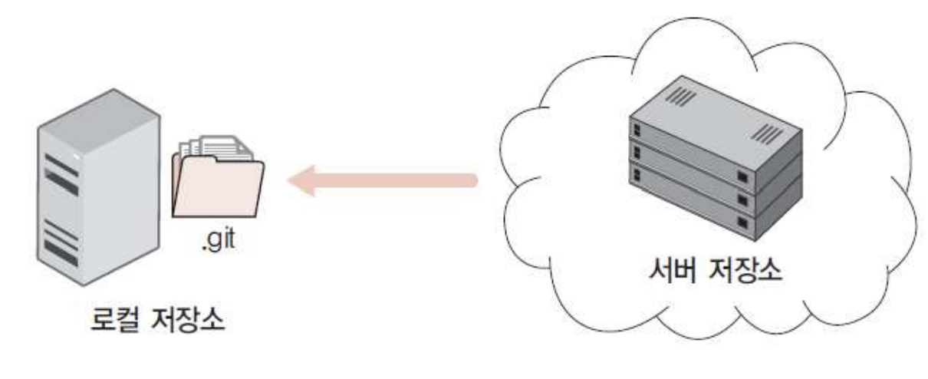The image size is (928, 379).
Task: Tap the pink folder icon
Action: pos(218,188)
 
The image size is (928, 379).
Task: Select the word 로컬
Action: pos(109,317)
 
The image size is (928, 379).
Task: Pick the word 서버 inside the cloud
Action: pos(666,272)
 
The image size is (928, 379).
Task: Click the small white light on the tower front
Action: pos(77,156)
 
